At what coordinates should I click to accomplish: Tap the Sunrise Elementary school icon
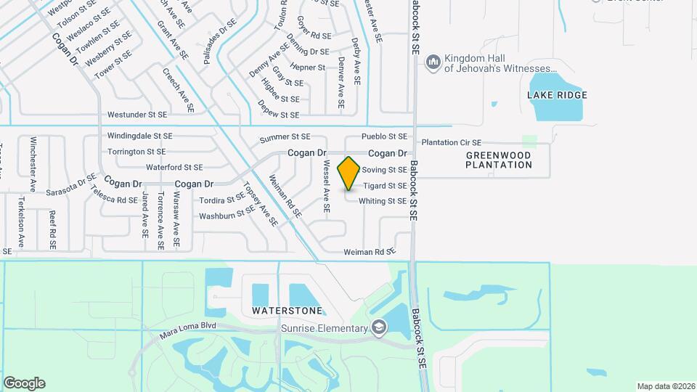pyautogui.click(x=378, y=329)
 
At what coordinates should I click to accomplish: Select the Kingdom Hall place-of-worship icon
pyautogui.click(x=433, y=63)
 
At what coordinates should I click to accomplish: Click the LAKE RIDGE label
pyautogui.click(x=557, y=95)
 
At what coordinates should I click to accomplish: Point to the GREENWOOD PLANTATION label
pyautogui.click(x=499, y=160)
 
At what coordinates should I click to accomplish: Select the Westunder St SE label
pyautogui.click(x=137, y=115)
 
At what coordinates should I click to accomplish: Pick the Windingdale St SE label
pyautogui.click(x=140, y=136)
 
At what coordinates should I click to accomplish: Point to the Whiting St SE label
pyautogui.click(x=383, y=201)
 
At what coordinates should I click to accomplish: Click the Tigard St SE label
pyautogui.click(x=385, y=186)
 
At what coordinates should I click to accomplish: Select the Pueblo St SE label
pyautogui.click(x=385, y=136)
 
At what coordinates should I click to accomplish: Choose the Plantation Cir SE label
pyautogui.click(x=452, y=143)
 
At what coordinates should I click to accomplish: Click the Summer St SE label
pyautogui.click(x=285, y=137)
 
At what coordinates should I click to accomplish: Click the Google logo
pyautogui.click(x=24, y=383)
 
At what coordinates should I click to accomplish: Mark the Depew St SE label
pyautogui.click(x=280, y=115)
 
